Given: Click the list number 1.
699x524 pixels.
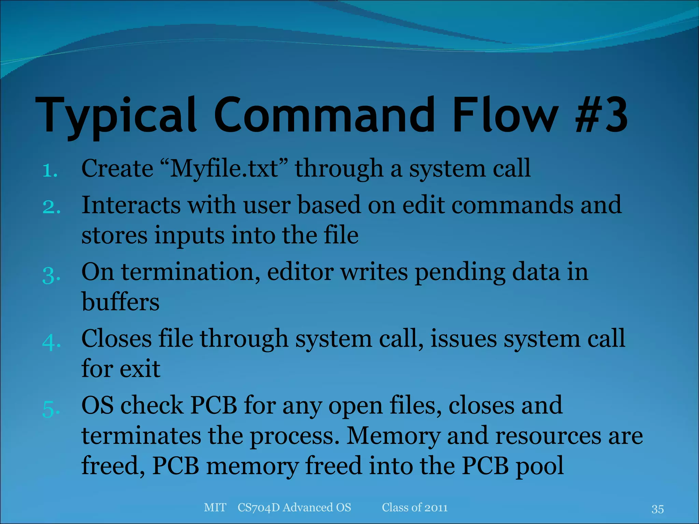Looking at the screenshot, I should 50,170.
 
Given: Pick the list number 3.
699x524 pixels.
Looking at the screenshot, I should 51,275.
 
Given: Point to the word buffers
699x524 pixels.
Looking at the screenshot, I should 120,302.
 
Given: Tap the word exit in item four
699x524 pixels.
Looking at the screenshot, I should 140,369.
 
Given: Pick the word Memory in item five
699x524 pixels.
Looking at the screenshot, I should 393,436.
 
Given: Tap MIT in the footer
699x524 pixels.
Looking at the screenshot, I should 215,507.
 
